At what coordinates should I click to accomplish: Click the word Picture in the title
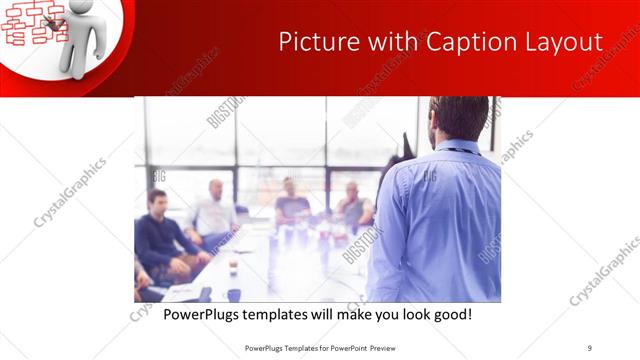[x=311, y=43]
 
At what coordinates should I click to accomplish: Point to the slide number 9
[x=590, y=348]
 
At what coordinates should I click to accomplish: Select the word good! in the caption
[x=450, y=315]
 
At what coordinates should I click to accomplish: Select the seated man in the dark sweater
[x=160, y=235]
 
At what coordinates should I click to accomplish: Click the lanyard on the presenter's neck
[x=459, y=151]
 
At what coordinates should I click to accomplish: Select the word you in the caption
[x=380, y=315]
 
